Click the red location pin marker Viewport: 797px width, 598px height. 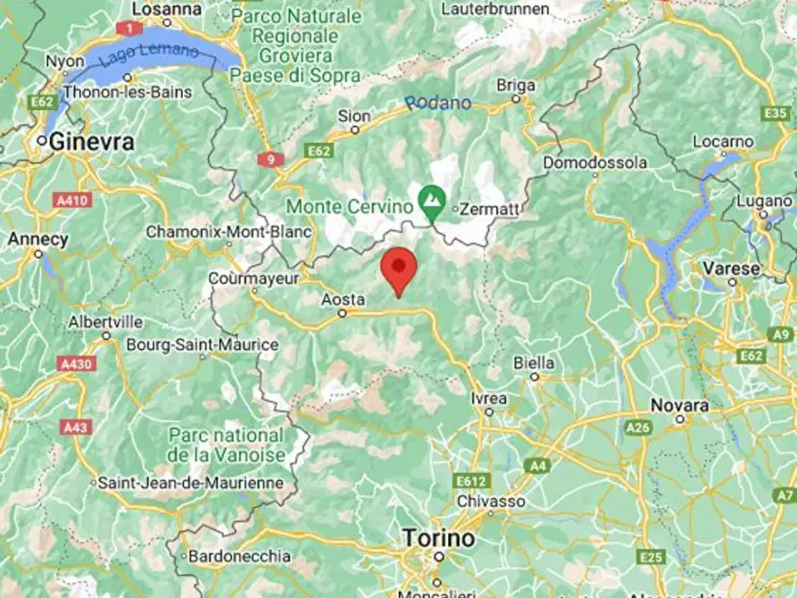[399, 270]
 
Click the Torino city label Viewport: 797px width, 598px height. [438, 538]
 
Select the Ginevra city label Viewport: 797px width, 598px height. [92, 141]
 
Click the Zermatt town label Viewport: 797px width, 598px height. [487, 209]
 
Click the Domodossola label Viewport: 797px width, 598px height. [595, 162]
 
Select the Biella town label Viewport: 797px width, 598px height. [535, 363]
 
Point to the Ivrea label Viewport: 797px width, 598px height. [490, 397]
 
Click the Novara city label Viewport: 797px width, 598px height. [679, 404]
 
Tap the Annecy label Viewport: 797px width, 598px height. [37, 239]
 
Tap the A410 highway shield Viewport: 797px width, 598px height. [72, 201]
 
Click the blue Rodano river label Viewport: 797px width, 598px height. [437, 104]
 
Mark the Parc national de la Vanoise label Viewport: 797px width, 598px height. [227, 444]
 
